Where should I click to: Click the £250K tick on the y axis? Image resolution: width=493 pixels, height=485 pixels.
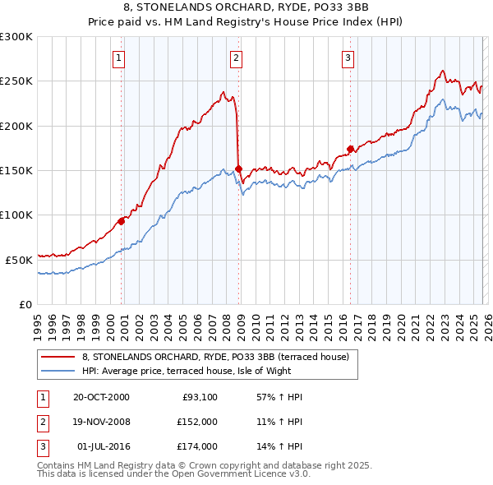click(16, 81)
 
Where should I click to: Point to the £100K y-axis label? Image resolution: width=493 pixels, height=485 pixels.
click(16, 215)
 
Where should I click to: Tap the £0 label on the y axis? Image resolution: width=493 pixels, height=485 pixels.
click(26, 304)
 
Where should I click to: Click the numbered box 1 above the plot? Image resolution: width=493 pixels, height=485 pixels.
click(120, 58)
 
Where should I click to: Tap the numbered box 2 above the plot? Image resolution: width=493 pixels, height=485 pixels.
click(236, 58)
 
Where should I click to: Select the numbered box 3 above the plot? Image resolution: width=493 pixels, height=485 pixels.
click(348, 58)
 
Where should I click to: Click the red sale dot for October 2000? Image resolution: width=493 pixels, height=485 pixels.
click(121, 220)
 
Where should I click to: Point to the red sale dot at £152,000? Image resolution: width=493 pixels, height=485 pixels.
click(238, 169)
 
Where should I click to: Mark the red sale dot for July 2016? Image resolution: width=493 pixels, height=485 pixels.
click(349, 149)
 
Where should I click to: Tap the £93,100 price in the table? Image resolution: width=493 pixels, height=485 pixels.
click(196, 397)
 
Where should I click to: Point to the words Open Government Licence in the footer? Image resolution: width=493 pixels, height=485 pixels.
click(246, 474)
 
